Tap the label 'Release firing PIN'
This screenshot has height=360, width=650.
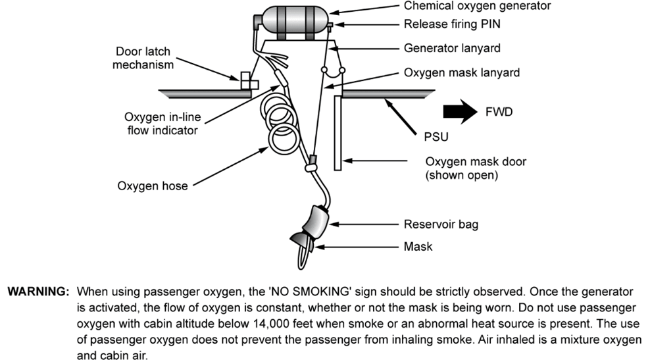tap(452, 24)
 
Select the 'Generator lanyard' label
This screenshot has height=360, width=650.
tap(452, 48)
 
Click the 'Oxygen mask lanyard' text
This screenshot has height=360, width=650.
tap(462, 72)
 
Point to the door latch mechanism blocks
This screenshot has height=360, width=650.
tap(249, 81)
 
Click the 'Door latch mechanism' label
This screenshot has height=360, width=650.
tap(143, 58)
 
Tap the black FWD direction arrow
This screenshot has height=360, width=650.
tap(460, 112)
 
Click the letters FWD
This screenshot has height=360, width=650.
tap(499, 112)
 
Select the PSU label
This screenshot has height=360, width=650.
tap(436, 137)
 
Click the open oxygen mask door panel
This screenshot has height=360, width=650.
tap(338, 133)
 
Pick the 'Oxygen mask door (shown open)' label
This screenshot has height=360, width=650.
tap(476, 168)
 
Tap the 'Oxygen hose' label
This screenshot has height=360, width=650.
tap(153, 186)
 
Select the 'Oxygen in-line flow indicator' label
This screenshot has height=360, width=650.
tap(162, 124)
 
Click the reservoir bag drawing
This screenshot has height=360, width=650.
tap(316, 222)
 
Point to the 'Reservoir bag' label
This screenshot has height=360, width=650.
tap(441, 224)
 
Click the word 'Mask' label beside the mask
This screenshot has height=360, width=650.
tap(418, 247)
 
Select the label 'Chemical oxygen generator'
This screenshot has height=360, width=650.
tap(478, 6)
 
